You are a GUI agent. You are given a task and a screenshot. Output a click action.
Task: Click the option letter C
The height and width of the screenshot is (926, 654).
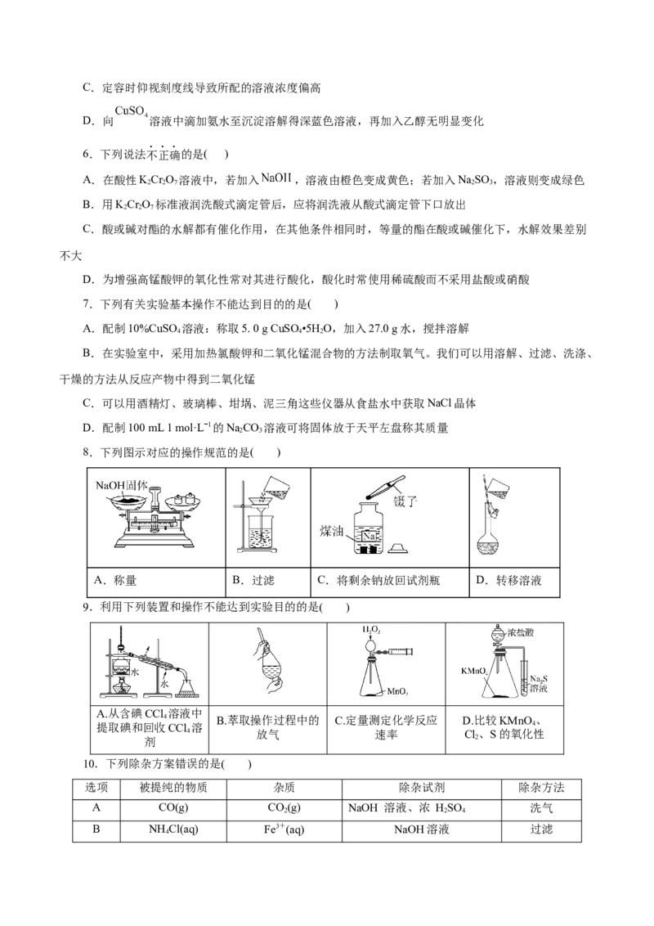(x=87, y=88)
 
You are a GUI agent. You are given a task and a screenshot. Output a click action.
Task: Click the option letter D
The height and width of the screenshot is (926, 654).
(x=88, y=121)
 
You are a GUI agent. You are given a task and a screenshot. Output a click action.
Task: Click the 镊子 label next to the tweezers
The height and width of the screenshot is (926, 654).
(x=405, y=501)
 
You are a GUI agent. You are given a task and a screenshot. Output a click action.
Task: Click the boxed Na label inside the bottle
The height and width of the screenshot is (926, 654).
(x=370, y=534)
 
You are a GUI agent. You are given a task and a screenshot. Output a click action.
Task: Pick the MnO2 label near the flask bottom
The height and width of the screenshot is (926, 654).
(x=397, y=692)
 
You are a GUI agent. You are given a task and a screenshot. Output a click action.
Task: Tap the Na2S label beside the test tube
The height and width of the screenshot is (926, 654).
(x=537, y=679)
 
